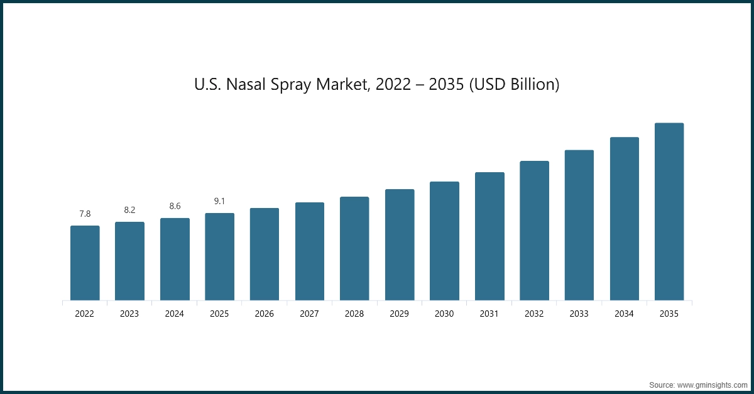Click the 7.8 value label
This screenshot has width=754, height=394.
85,214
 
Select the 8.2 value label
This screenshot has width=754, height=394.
129,210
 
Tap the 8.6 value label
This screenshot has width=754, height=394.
175,206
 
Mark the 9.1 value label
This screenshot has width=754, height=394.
219,201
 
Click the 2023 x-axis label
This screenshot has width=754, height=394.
129,314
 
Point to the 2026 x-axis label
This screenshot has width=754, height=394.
265,314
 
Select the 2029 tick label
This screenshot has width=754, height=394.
400,314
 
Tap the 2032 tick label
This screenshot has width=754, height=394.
534,314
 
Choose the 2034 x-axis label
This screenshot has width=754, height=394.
624,314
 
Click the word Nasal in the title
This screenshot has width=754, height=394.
246,84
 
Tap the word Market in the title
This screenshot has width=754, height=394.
340,84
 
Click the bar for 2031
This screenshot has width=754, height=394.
489,236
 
